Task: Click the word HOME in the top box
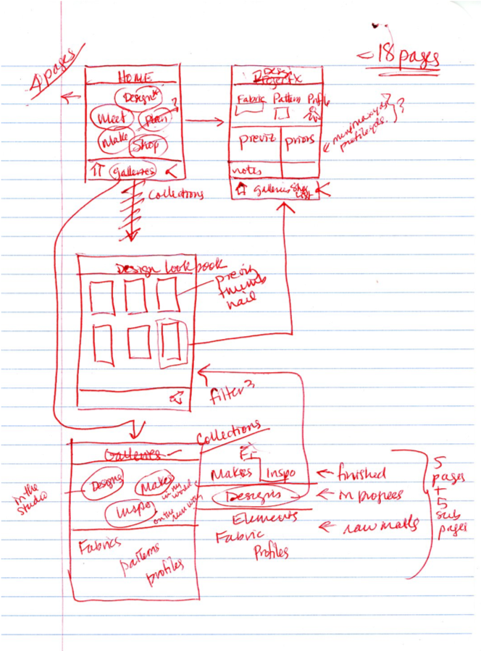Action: (x=135, y=76)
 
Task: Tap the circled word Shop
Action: (x=144, y=146)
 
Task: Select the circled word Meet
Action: (x=108, y=117)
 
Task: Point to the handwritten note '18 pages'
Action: (x=403, y=58)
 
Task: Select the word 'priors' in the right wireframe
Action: (x=298, y=140)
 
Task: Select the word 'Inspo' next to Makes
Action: (x=281, y=473)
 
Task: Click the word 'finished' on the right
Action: (x=361, y=474)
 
